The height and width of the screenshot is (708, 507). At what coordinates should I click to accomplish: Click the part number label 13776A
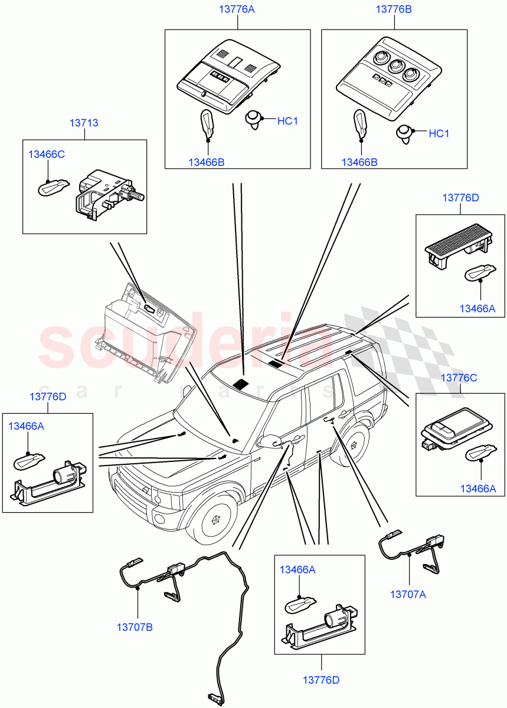pyautogui.click(x=237, y=9)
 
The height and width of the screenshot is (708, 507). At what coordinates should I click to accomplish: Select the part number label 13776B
pyautogui.click(x=394, y=9)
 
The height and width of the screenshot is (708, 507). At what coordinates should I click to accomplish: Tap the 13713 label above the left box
pyautogui.click(x=84, y=123)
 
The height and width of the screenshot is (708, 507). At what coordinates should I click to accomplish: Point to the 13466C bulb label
pyautogui.click(x=47, y=155)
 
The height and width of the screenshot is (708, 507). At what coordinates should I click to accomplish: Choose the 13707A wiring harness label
pyautogui.click(x=408, y=594)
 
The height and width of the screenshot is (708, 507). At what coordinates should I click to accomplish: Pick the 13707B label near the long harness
pyautogui.click(x=135, y=627)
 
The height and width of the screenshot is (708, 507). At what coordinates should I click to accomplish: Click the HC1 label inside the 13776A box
pyautogui.click(x=288, y=121)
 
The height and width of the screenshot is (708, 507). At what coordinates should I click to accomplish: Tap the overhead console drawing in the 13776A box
pyautogui.click(x=228, y=77)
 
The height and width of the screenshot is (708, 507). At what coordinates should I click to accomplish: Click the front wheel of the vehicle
pyautogui.click(x=213, y=520)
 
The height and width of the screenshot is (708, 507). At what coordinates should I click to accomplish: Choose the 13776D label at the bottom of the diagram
pyautogui.click(x=321, y=680)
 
